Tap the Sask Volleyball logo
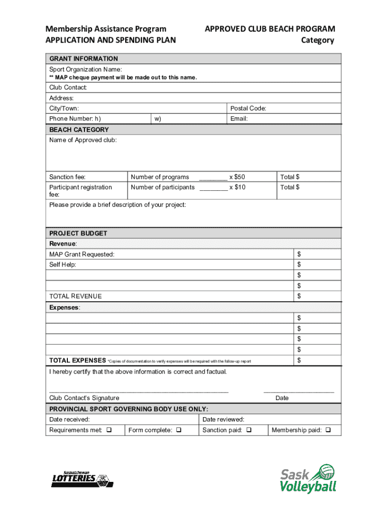(x=308, y=478)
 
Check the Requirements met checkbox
(x=109, y=430)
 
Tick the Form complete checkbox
(x=179, y=430)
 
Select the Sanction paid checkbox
(x=249, y=430)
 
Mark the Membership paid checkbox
(x=328, y=430)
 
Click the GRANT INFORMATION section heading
(x=83, y=59)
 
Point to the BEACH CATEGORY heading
(x=79, y=130)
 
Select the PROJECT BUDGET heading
(x=78, y=233)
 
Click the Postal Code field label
(x=248, y=108)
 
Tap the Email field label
(x=239, y=119)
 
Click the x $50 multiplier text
(x=237, y=177)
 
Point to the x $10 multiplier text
(x=237, y=187)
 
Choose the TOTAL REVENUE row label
(x=75, y=296)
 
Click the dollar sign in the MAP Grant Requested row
(x=299, y=254)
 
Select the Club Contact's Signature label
(x=84, y=398)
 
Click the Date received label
(x=69, y=419)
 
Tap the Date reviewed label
(x=223, y=419)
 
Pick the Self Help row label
(x=63, y=265)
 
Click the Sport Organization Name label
(x=85, y=69)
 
